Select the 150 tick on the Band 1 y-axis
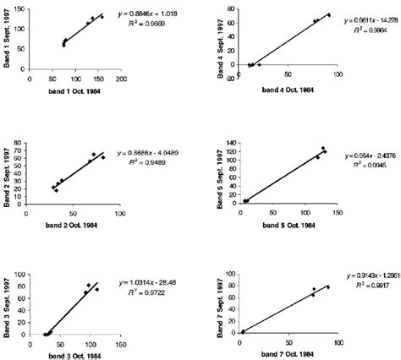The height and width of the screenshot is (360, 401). pyautogui.click(x=19, y=9)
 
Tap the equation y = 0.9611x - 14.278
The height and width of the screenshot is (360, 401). pyautogui.click(x=365, y=21)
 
